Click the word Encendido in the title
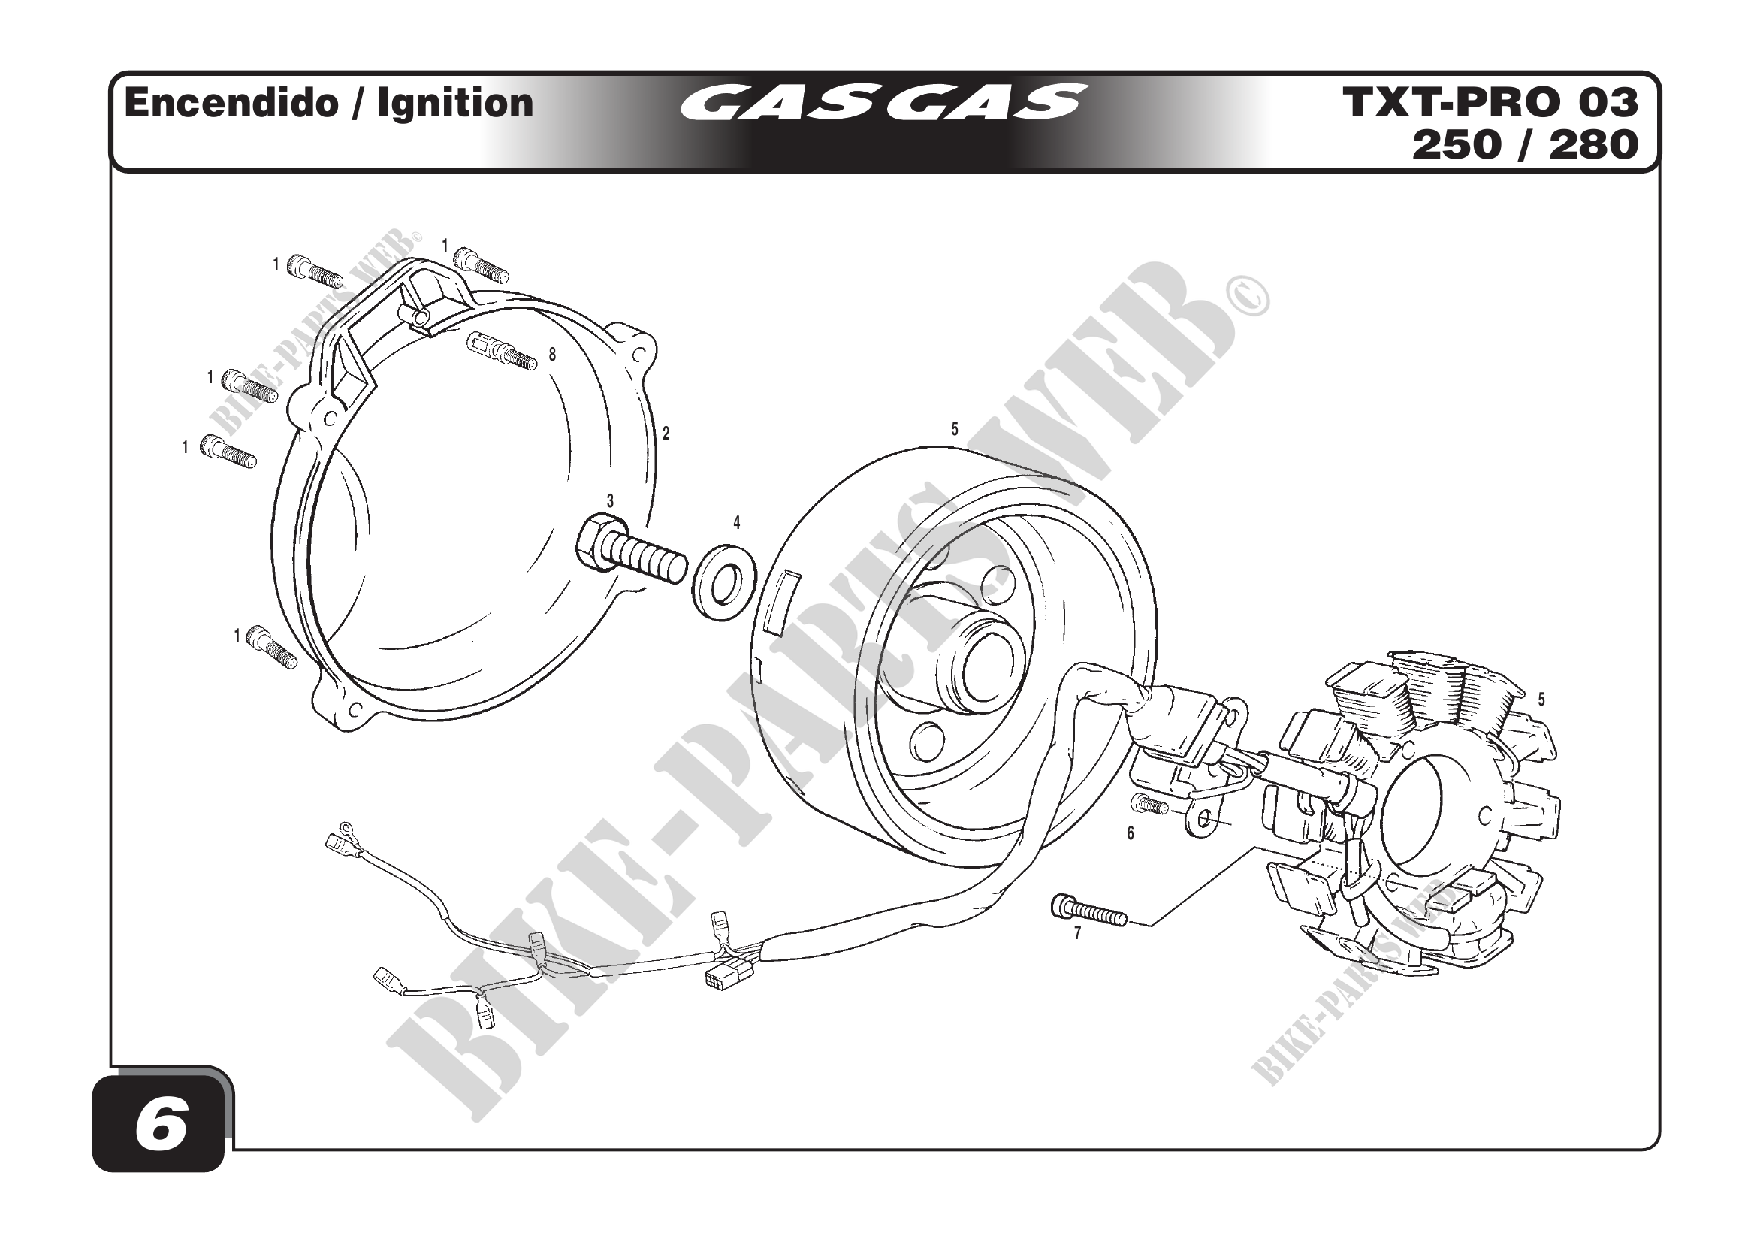click(x=231, y=102)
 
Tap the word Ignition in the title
click(x=455, y=103)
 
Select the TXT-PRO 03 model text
click(x=1490, y=102)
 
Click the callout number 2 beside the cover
click(x=666, y=433)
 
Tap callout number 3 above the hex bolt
click(x=610, y=501)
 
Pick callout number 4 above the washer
click(x=736, y=523)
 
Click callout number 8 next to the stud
click(x=553, y=355)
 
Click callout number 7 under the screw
click(x=1077, y=934)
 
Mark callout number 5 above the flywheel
click(x=954, y=429)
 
